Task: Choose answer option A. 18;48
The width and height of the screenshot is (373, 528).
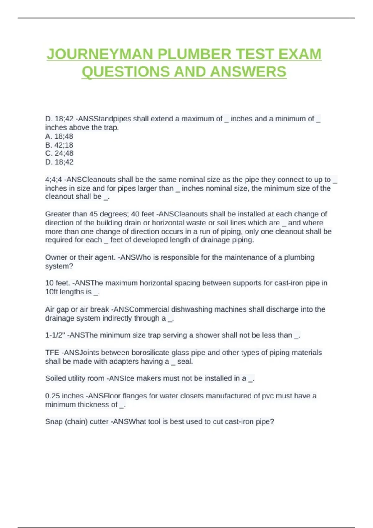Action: coord(59,136)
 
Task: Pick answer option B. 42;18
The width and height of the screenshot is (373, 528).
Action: coord(59,145)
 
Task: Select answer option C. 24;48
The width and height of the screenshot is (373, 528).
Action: coord(59,153)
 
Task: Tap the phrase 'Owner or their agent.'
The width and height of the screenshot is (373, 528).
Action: coord(80,257)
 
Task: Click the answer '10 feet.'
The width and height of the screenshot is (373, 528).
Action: coord(58,283)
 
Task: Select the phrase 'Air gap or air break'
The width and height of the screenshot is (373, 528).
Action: coord(77,310)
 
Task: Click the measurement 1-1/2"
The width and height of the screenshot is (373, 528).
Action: coord(55,335)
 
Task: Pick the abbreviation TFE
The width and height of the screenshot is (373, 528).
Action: coord(52,353)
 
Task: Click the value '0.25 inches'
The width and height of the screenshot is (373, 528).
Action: coord(64,396)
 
